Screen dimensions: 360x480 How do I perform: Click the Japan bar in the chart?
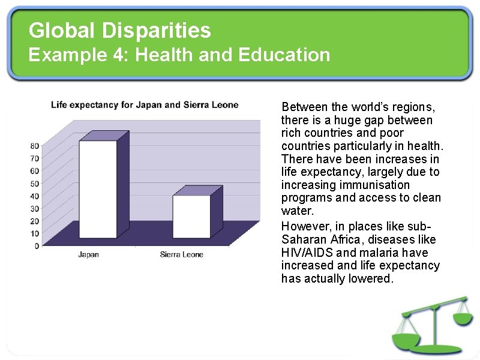point(98,189)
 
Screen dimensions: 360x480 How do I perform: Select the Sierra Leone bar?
point(191,216)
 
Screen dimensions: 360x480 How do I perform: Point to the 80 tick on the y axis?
point(35,145)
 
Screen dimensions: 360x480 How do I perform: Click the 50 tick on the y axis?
point(35,183)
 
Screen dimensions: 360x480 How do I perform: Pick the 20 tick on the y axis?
point(35,221)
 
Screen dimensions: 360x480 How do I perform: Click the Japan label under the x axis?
point(89,254)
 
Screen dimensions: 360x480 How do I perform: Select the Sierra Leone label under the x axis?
point(182,254)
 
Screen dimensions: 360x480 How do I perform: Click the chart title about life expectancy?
point(145,105)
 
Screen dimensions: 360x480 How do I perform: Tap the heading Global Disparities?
point(120,29)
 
